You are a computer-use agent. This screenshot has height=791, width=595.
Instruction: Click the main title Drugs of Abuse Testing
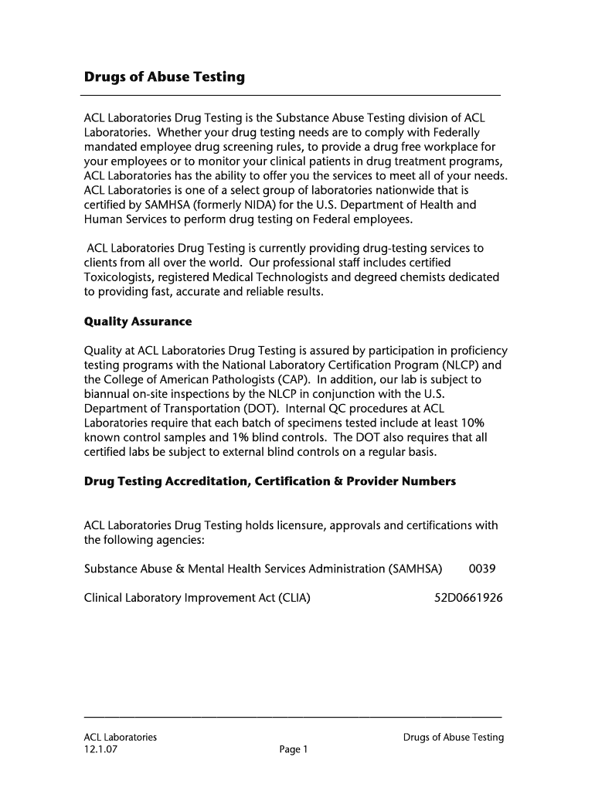pyautogui.click(x=164, y=77)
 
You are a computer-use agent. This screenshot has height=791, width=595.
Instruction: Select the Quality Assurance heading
pyautogui.click(x=138, y=321)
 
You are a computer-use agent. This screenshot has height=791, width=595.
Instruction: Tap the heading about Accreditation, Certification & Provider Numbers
pyautogui.click(x=270, y=481)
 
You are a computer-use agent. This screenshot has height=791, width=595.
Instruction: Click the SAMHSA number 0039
pyautogui.click(x=482, y=569)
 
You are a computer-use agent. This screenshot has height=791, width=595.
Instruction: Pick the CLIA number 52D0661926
pyautogui.click(x=468, y=597)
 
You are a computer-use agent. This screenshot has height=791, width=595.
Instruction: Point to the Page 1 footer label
pyautogui.click(x=294, y=749)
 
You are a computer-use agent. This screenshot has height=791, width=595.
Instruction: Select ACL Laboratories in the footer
pyautogui.click(x=121, y=737)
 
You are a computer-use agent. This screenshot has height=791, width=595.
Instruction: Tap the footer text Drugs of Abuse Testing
pyautogui.click(x=453, y=737)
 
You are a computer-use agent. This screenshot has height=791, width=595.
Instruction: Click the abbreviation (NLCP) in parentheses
pyautogui.click(x=459, y=365)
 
